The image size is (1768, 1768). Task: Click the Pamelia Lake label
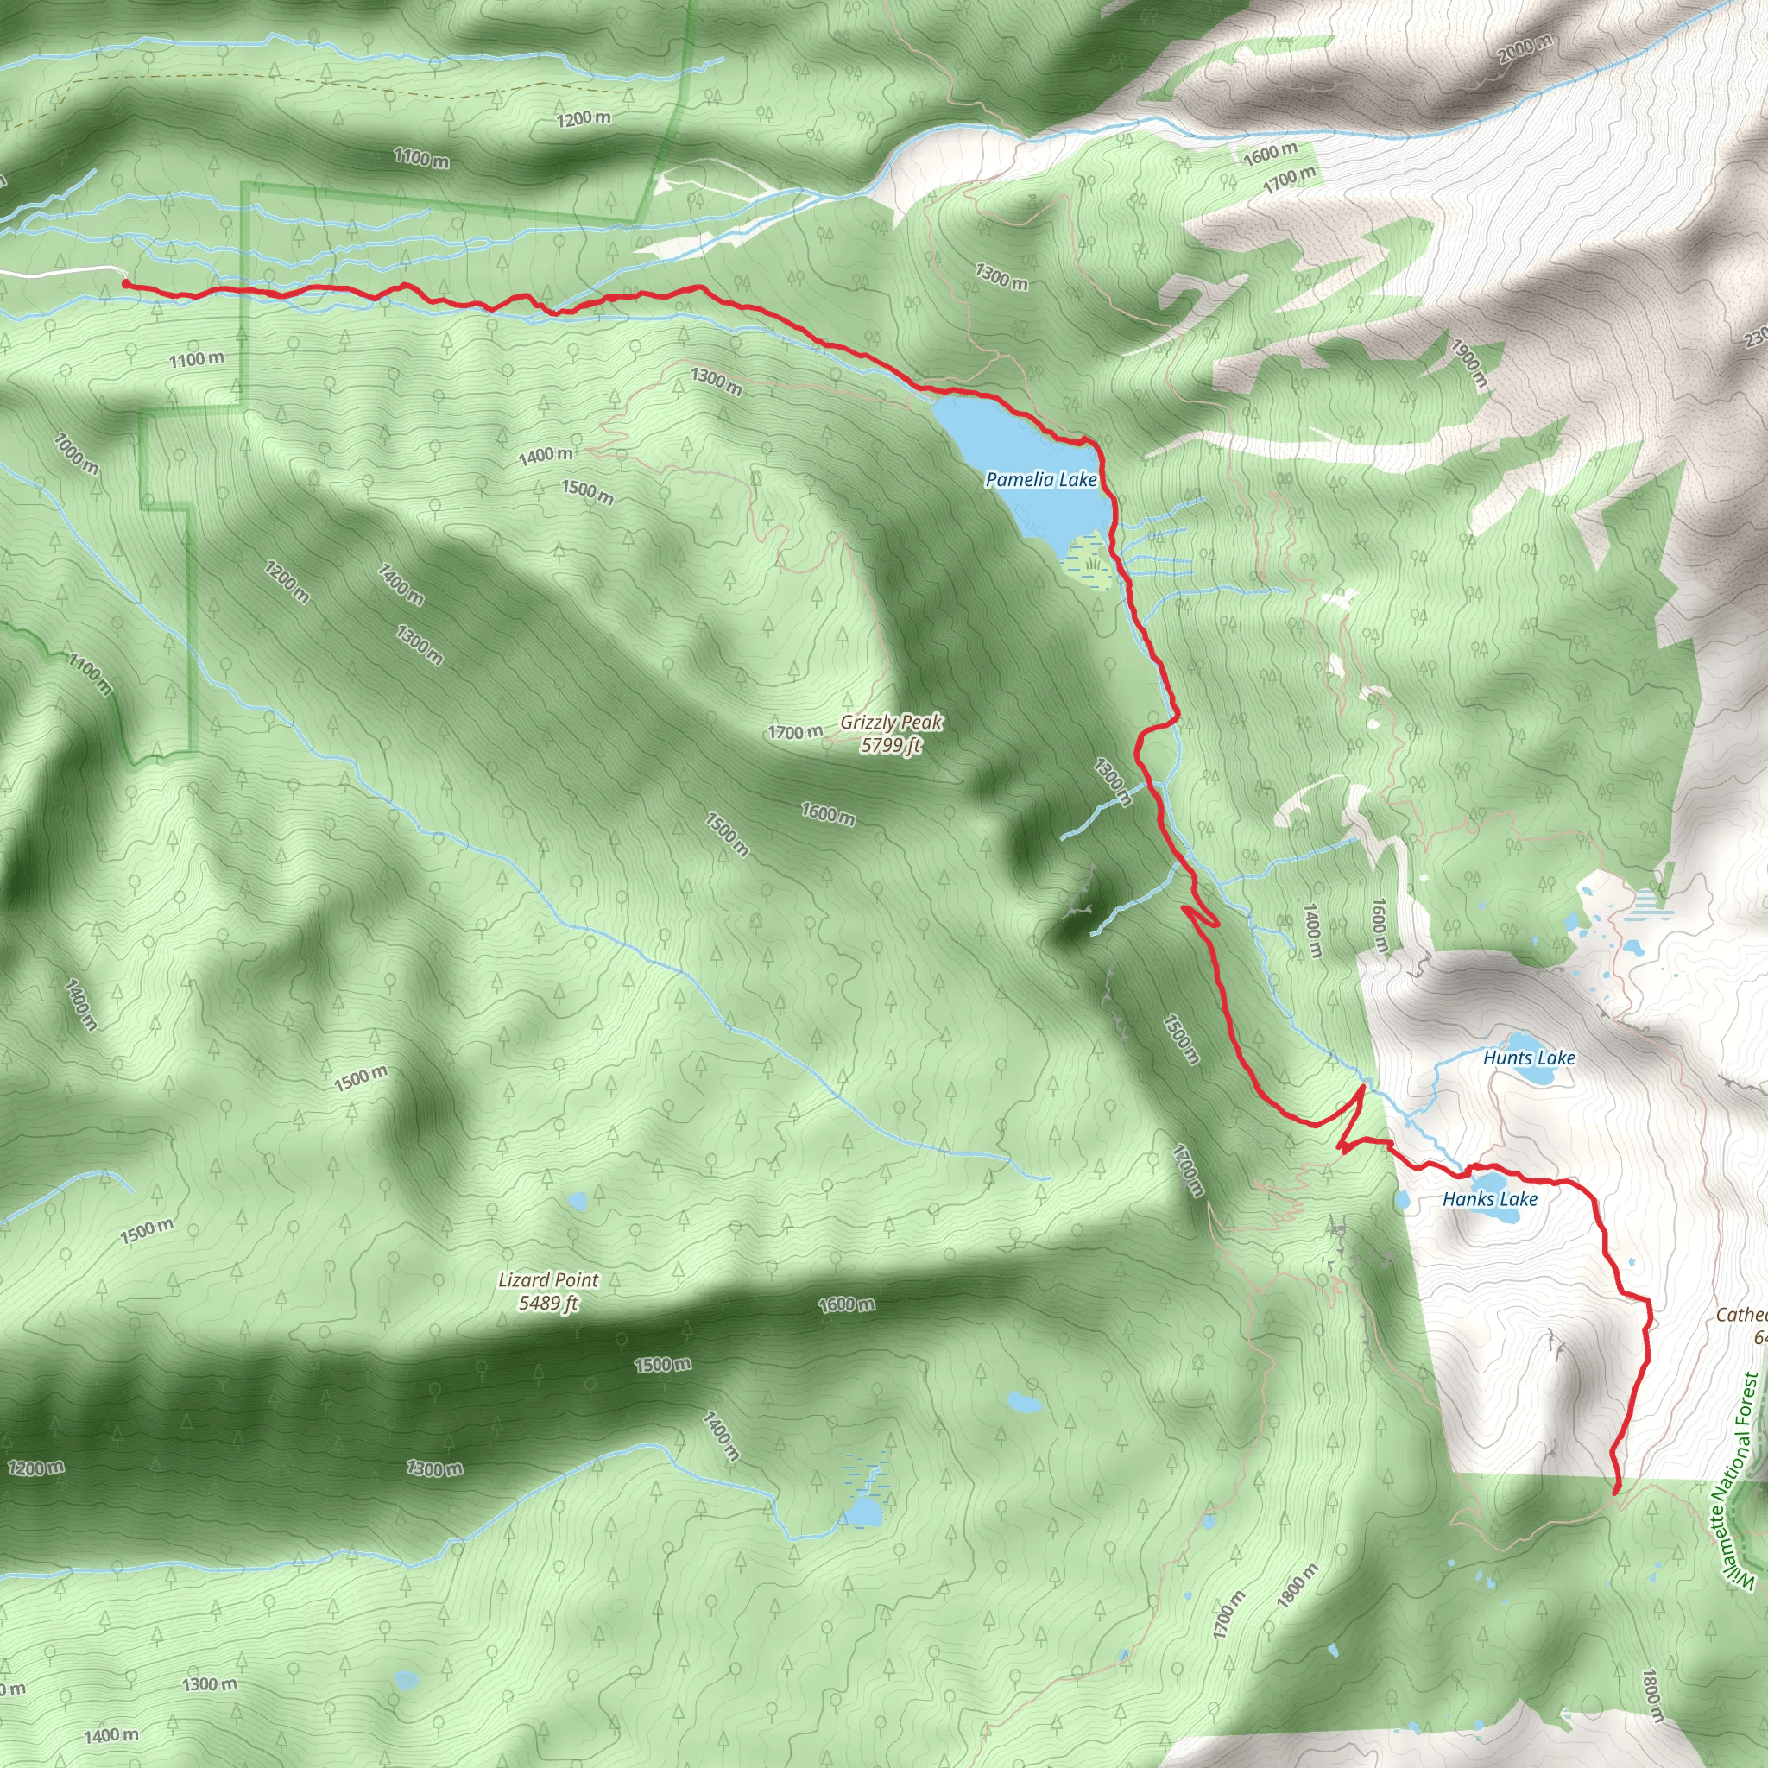coord(1040,479)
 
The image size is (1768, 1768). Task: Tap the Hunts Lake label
coord(1529,1058)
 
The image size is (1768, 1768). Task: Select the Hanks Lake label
coord(1490,1199)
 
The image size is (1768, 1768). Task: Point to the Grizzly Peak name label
coord(891,722)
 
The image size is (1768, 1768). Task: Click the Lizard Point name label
coord(548,1280)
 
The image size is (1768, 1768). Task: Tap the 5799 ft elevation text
coord(890,745)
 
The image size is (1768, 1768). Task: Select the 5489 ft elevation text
coord(548,1302)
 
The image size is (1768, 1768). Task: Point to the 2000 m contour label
coord(1525,47)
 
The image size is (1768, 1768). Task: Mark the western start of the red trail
coord(124,285)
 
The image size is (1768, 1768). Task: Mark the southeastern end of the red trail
coord(1616,1491)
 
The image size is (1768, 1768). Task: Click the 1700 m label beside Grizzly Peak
coord(794,732)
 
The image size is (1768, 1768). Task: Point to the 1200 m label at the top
coord(584,118)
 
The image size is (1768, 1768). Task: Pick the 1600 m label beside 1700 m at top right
coord(1269,154)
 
